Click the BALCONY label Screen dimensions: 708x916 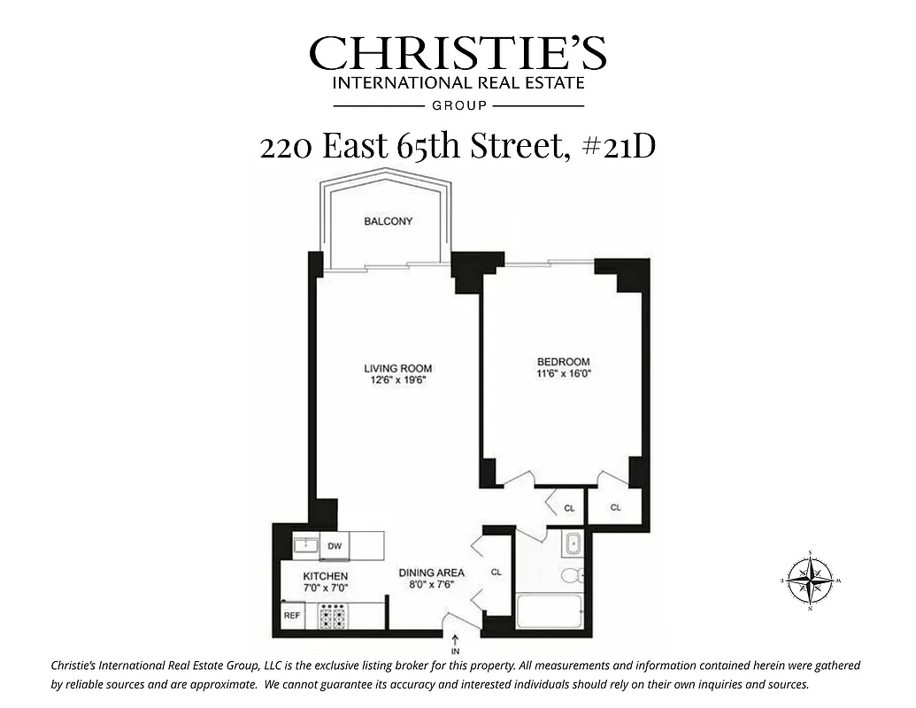pos(388,221)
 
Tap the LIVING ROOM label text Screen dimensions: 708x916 pos(398,368)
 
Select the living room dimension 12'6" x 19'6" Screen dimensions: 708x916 pos(398,381)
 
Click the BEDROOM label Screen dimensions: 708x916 pos(564,361)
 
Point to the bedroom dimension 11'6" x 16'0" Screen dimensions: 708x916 pos(564,373)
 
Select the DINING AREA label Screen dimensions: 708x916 pos(431,573)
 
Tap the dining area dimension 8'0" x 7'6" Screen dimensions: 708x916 pos(431,585)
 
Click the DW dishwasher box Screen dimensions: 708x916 pos(335,546)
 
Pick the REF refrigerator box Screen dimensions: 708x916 pos(292,614)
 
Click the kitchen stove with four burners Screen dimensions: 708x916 pos(333,616)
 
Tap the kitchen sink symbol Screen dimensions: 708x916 pos(305,543)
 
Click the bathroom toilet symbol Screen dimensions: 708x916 pos(572,576)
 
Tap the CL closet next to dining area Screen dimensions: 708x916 pos(496,573)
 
